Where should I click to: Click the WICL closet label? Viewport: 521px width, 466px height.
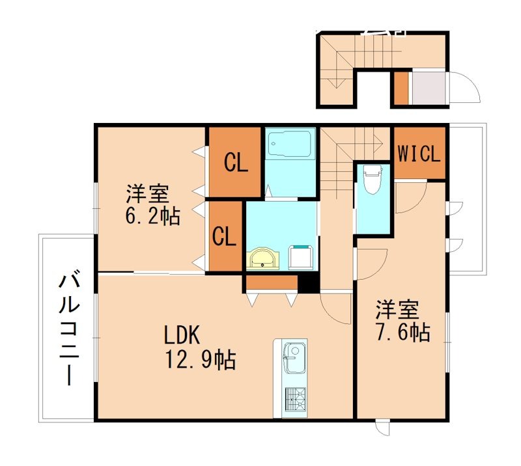pos(420,155)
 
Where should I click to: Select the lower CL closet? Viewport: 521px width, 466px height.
pos(224,237)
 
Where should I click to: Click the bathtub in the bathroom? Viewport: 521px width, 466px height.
pos(290,144)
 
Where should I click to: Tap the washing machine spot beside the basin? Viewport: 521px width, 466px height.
pos(300,257)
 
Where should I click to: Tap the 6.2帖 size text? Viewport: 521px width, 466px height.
pos(153,216)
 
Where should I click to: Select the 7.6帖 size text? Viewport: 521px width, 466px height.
pos(401,333)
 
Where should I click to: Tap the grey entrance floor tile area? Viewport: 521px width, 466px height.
pos(428,89)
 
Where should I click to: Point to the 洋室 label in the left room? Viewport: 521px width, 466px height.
pos(148,194)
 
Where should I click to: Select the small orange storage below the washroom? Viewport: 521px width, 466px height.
pos(270,283)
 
